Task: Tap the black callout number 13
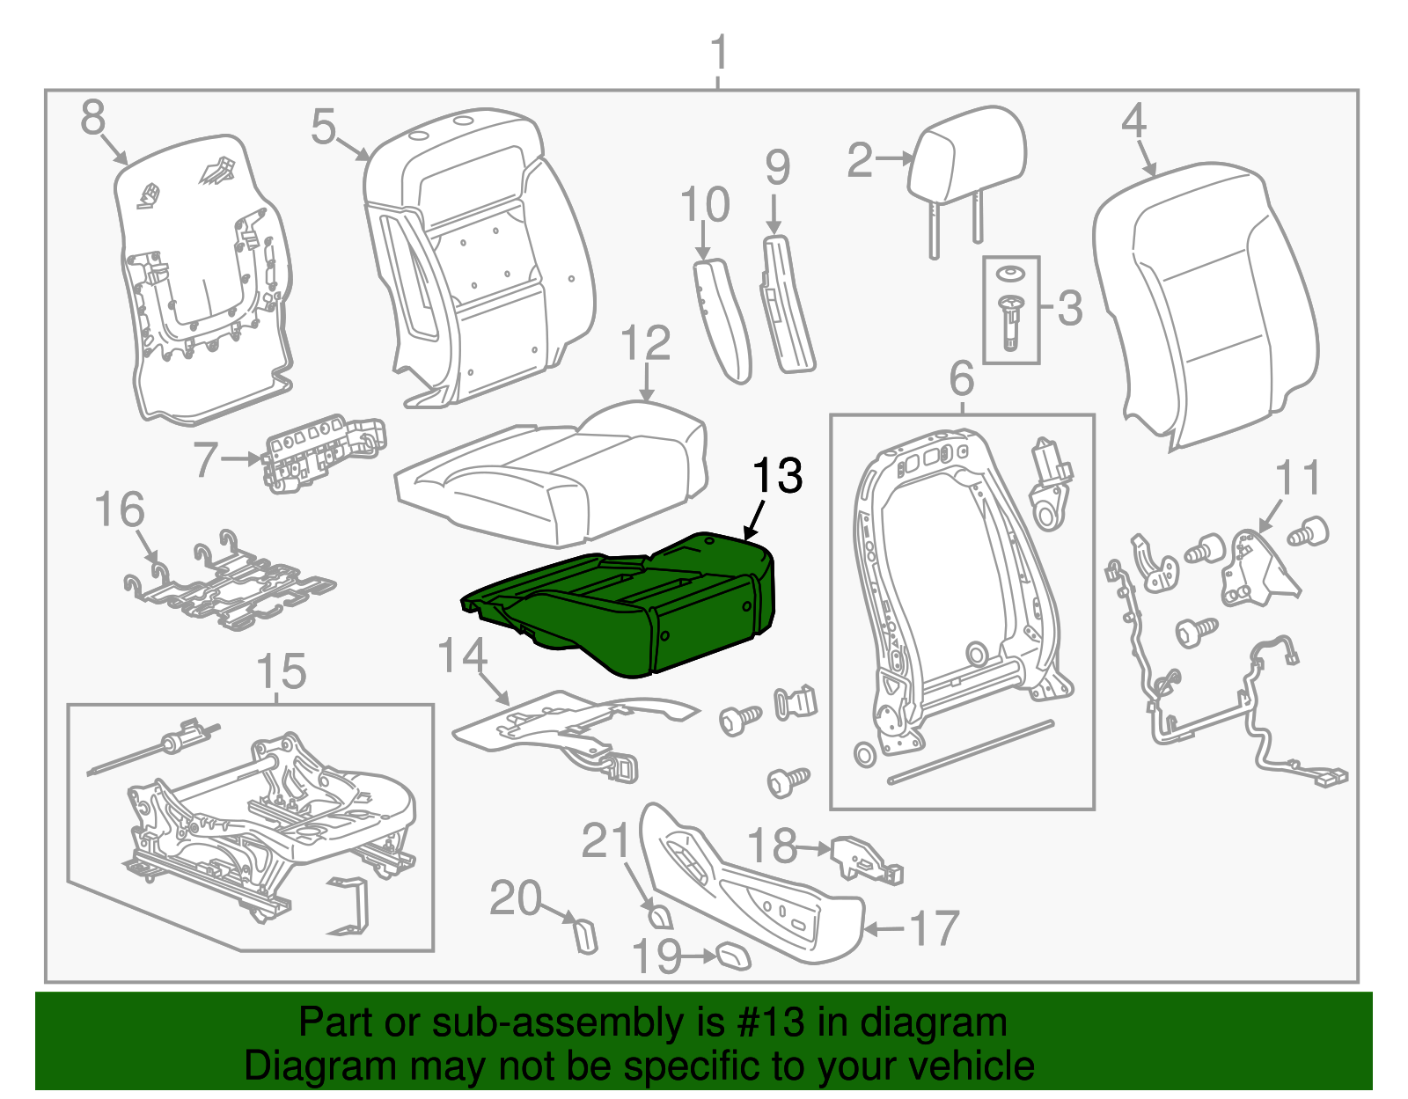pos(777,476)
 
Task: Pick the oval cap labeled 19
pos(733,956)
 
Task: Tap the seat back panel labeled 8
pos(202,282)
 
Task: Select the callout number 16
pos(120,510)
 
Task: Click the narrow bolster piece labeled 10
pos(722,321)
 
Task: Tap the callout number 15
pos(282,671)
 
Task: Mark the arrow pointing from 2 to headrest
pos(896,159)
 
